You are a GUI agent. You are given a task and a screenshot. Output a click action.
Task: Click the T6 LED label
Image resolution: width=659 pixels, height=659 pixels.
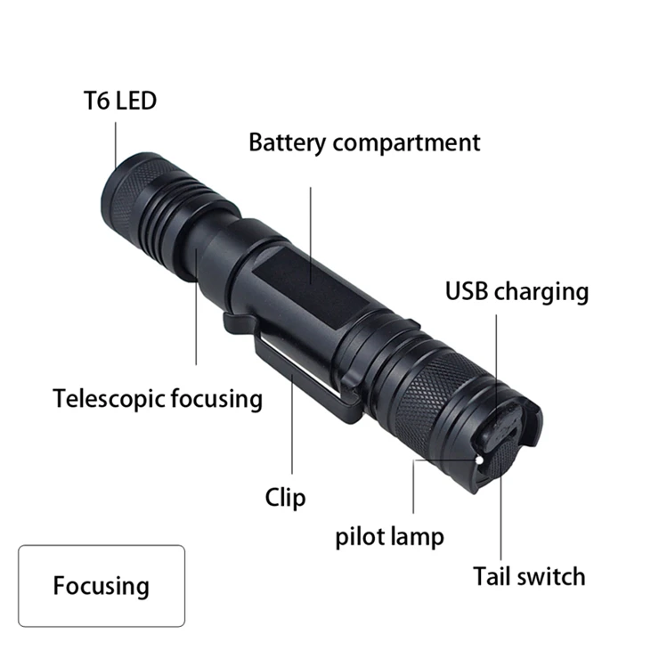pyautogui.click(x=114, y=100)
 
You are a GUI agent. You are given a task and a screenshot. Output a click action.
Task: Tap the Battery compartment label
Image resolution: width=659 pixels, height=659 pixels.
pyautogui.click(x=363, y=142)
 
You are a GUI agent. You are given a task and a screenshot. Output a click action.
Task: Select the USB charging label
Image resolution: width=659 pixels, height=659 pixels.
pyautogui.click(x=517, y=291)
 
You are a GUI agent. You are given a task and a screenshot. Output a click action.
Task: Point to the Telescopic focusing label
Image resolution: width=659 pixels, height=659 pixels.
pyautogui.click(x=158, y=398)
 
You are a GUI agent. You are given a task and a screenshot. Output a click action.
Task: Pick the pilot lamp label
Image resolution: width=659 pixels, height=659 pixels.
pyautogui.click(x=389, y=537)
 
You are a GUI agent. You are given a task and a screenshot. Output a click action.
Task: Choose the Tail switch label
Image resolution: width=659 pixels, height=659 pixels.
pyautogui.click(x=529, y=576)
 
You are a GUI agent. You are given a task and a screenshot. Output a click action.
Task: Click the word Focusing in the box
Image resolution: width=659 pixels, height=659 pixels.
pyautogui.click(x=101, y=586)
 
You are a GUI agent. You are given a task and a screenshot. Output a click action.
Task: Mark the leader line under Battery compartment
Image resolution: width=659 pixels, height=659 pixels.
pyautogui.click(x=311, y=232)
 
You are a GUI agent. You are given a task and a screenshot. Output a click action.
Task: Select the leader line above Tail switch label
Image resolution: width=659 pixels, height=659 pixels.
pyautogui.click(x=500, y=499)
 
